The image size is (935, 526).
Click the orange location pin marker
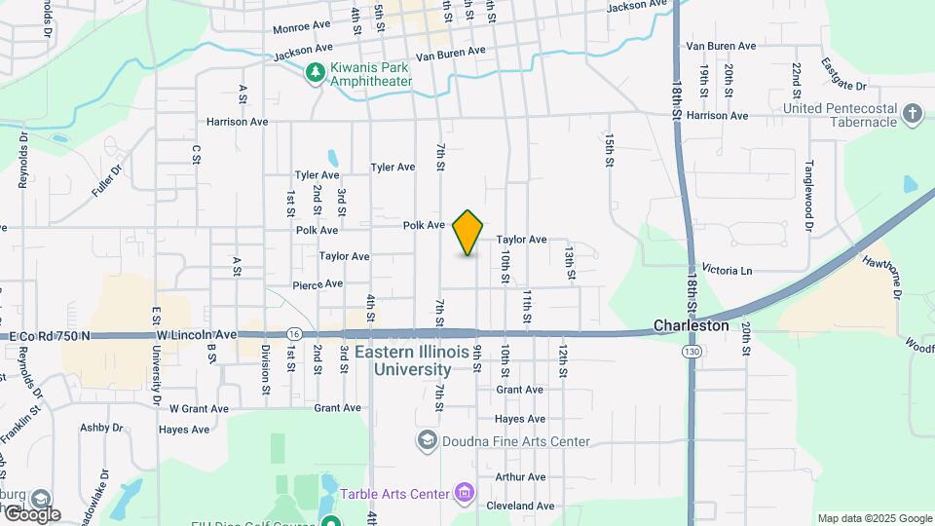click(468, 233)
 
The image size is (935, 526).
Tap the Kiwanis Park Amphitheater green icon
click(315, 72)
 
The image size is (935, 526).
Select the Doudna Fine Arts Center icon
click(427, 441)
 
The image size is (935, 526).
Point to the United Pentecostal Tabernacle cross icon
click(912, 115)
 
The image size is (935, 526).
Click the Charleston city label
click(691, 325)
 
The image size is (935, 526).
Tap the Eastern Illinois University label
click(416, 360)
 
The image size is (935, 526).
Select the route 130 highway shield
click(692, 350)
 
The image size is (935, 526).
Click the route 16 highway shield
click(294, 334)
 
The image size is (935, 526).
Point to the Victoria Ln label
click(728, 270)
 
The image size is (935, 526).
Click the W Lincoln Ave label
click(197, 335)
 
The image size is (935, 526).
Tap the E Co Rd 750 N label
click(49, 336)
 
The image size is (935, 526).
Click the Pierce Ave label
click(318, 284)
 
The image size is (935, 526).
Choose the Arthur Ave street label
click(520, 477)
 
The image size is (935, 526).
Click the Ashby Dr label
click(100, 428)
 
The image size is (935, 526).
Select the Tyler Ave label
click(393, 168)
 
